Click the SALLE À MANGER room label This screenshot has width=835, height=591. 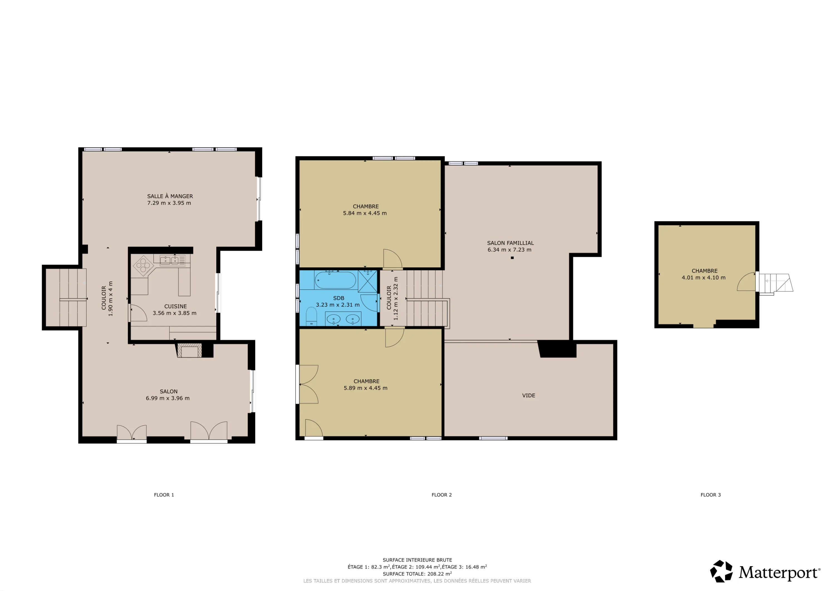point(170,196)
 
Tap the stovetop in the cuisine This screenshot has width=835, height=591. point(143,265)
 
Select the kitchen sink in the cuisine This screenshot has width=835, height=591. point(170,260)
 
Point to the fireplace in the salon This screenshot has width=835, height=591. point(189,350)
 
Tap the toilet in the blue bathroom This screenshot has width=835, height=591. point(311,316)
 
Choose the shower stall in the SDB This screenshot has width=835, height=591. point(367,281)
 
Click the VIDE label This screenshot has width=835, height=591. point(529,395)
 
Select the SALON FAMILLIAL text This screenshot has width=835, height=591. point(510,243)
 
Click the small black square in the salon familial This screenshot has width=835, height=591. point(512,258)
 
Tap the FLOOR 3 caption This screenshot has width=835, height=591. point(711,495)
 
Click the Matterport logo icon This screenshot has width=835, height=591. point(721,571)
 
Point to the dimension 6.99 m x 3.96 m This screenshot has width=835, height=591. point(168,398)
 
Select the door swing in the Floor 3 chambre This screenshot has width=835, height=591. point(746,281)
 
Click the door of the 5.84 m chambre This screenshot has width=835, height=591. point(392,258)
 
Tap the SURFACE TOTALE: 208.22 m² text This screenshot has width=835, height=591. point(417,574)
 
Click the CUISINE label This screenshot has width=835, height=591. point(175,306)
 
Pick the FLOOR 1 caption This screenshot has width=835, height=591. point(164,495)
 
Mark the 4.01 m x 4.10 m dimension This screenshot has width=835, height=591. point(703,278)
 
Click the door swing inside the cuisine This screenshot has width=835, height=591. point(139,312)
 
